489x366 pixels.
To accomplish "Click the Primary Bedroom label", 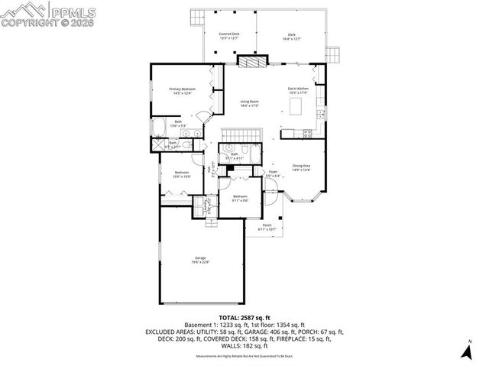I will click(183, 89).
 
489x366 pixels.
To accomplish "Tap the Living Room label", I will click(249, 102).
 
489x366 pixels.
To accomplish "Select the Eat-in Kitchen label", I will click(298, 89).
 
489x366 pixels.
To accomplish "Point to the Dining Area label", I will click(301, 166).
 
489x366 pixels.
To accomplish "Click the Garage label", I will click(200, 258).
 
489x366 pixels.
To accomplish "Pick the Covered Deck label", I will click(229, 34).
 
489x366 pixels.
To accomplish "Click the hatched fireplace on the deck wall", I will click(252, 62).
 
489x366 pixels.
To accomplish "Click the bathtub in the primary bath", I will click(162, 127).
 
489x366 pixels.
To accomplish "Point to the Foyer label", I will click(272, 172).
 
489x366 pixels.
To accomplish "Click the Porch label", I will click(267, 225).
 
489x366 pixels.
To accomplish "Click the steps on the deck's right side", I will click(332, 56).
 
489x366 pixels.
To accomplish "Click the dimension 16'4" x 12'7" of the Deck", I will click(291, 38).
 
